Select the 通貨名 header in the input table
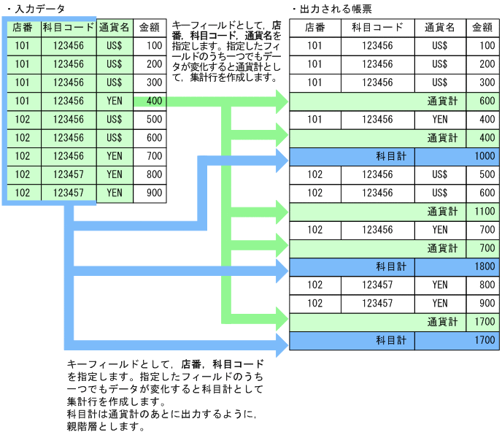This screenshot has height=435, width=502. [x=115, y=28]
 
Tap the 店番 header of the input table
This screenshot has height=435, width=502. [x=22, y=28]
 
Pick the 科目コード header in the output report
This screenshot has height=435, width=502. [x=377, y=28]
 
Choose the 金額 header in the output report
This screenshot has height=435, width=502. [x=482, y=28]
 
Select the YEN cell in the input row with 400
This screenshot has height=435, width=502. [x=115, y=101]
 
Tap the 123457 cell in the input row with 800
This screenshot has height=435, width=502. [x=68, y=175]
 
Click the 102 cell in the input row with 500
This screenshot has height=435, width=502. [x=22, y=120]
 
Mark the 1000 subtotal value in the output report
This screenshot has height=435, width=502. [x=483, y=156]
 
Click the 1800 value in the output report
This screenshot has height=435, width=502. [x=483, y=267]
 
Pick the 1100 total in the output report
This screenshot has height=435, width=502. [x=483, y=212]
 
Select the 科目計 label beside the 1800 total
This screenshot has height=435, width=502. [x=390, y=267]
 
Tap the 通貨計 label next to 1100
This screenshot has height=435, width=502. [x=442, y=212]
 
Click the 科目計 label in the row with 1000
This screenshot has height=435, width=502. [x=390, y=156]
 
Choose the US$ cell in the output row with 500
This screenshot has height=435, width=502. [x=439, y=174]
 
